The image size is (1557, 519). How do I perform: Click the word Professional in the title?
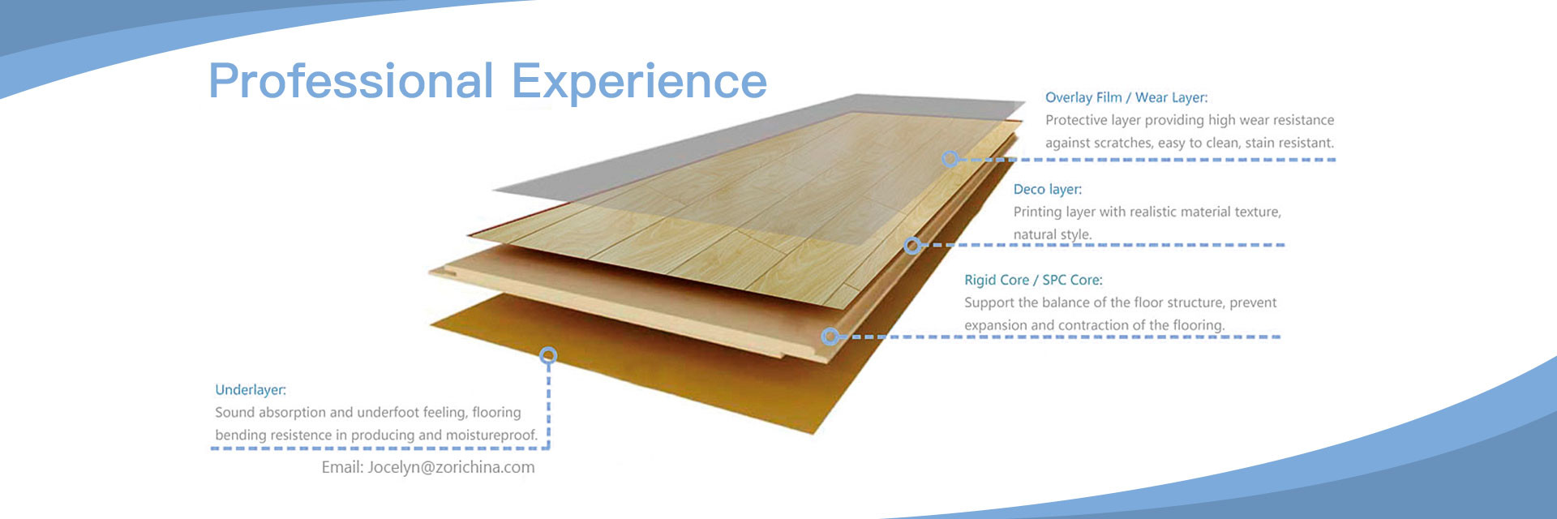(351, 81)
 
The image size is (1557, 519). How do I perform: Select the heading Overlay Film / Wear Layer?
(1126, 97)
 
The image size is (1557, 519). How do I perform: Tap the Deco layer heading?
(1048, 190)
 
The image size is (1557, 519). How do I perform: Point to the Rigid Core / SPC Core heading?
(1033, 280)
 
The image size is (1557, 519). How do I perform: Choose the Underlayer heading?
(251, 390)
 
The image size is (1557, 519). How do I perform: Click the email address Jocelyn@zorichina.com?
(451, 467)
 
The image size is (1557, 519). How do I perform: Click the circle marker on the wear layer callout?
(950, 159)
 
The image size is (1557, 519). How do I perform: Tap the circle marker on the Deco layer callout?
(913, 245)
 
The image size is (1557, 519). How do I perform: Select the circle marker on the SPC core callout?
(830, 336)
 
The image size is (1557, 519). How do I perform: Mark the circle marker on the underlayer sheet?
(549, 355)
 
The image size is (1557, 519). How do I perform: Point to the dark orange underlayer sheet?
(649, 365)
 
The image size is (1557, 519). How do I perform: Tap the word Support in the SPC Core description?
(989, 303)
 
